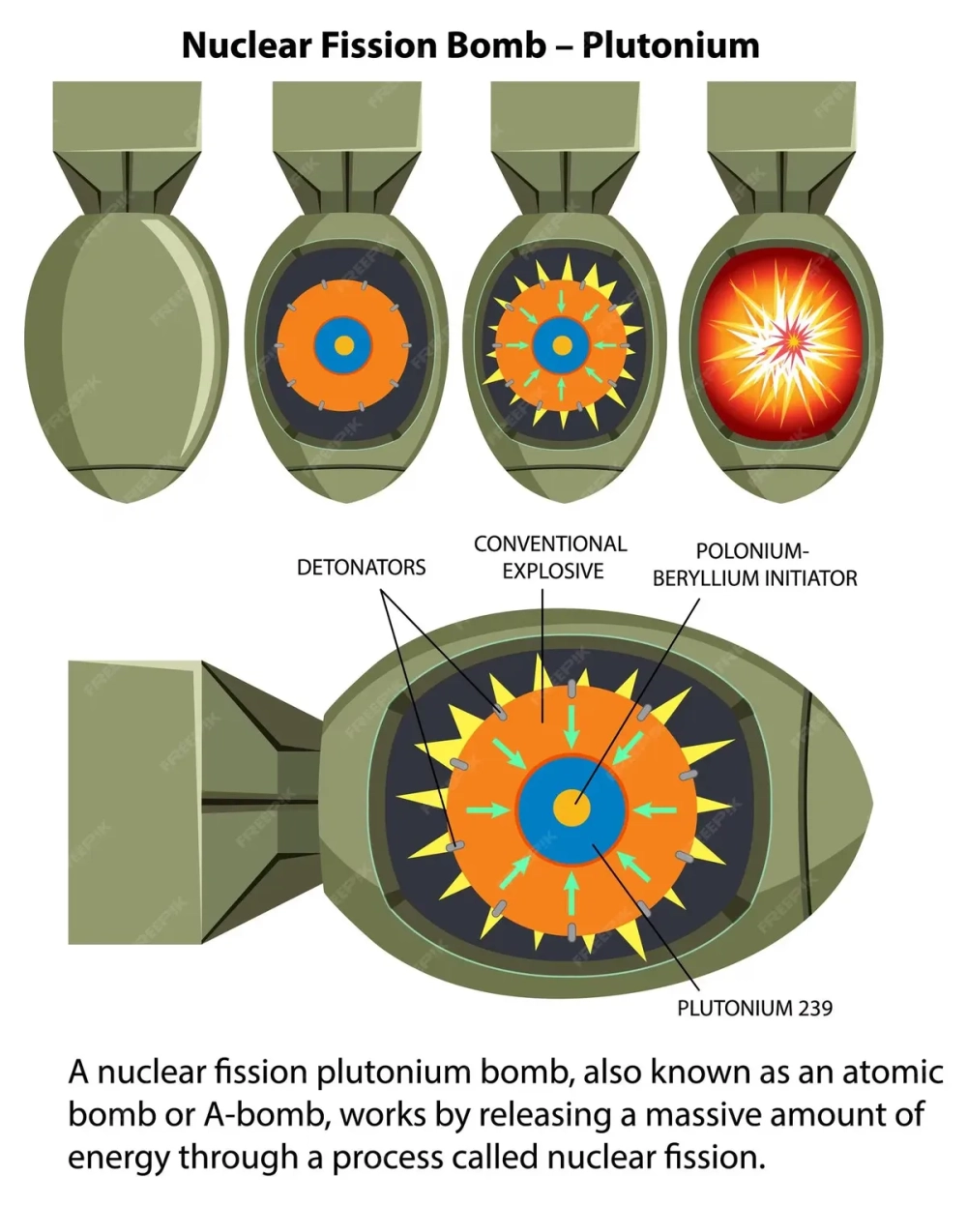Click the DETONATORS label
(361, 568)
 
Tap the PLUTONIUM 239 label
(754, 1008)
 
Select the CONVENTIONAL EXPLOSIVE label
(550, 557)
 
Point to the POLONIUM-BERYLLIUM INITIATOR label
(754, 566)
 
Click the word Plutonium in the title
(670, 45)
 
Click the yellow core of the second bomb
(342, 345)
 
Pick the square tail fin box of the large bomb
(135, 802)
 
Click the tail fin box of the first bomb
(127, 116)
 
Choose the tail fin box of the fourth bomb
(781, 116)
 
